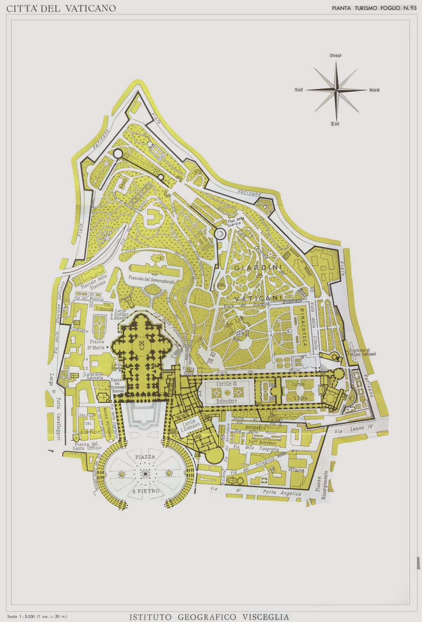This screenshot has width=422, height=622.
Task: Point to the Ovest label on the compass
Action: tap(335, 56)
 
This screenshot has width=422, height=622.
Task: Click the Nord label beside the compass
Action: tap(374, 90)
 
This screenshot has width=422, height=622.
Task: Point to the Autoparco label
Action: tap(255, 426)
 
